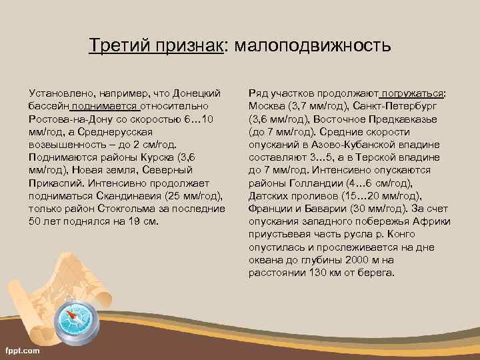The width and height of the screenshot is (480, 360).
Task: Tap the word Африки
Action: (x=433, y=221)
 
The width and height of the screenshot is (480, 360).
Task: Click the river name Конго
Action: (x=401, y=234)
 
